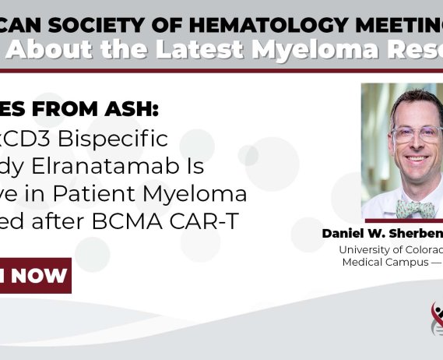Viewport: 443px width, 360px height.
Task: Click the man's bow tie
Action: click(x=415, y=209)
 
